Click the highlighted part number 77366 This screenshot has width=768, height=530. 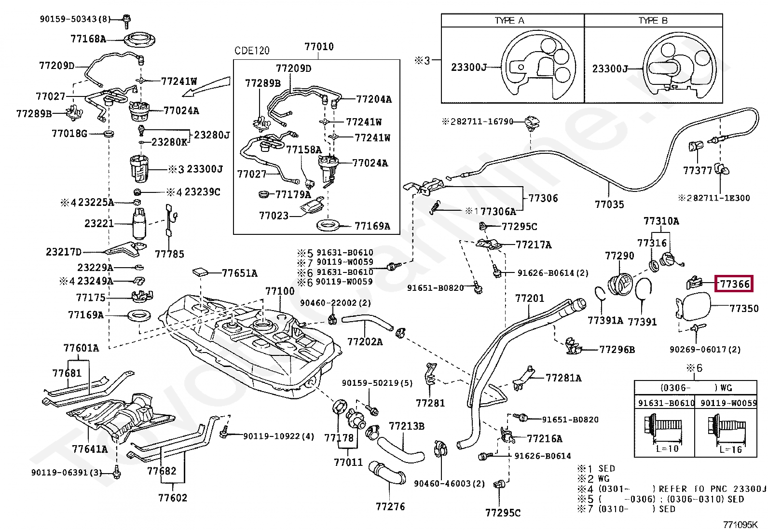coord(734,284)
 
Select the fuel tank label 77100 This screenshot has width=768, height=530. coord(280,292)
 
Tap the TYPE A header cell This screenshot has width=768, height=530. coord(512,20)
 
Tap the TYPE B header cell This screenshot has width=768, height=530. coord(653,20)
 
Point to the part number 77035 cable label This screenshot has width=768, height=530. coord(609,204)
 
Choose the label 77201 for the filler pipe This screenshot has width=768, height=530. coord(530,299)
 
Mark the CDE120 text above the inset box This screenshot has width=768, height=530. coord(252,51)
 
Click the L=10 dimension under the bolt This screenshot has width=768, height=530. coord(667,448)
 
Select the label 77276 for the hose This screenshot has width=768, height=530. coord(390,506)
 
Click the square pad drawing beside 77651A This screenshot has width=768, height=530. coord(200,272)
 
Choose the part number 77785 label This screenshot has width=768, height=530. coord(169,254)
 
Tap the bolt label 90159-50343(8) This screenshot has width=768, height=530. coord(75,19)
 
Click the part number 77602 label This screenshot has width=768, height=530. coord(173,498)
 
